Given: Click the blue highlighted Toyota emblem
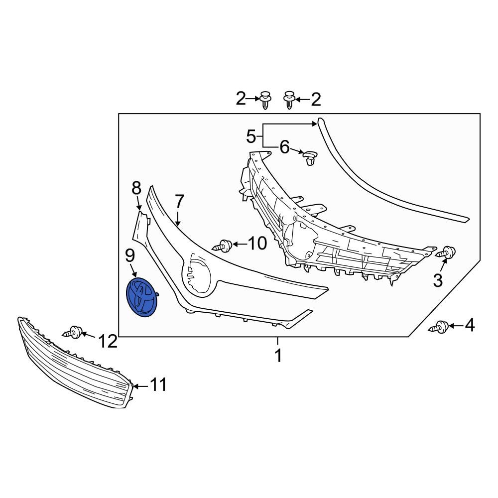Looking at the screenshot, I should coord(141,297).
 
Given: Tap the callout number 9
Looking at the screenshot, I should coord(130,256).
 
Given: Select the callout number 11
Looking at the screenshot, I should coord(158,385).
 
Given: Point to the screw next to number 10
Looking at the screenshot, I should coord(223,245).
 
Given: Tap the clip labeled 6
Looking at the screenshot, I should coord(310,158).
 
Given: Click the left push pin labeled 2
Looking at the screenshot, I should coord(265,100).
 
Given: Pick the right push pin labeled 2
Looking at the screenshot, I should coord(289,100).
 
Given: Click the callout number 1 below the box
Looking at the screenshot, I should coord(278,356).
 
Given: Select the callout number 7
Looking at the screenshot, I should coord(179,202).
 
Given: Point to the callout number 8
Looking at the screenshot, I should coord(136,188).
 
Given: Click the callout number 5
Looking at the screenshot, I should coord(251,135).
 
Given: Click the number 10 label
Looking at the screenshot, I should coord(257,244).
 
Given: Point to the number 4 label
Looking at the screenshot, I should coord(469,326).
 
